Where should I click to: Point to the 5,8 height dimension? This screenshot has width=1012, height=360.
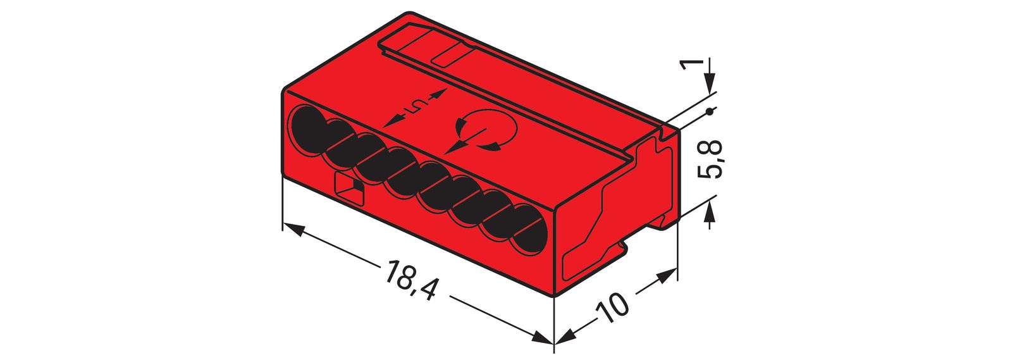pyautogui.click(x=711, y=161)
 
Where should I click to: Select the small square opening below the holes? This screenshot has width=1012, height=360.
pyautogui.click(x=349, y=188)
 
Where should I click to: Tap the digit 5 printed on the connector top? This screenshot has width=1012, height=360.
pyautogui.click(x=415, y=107)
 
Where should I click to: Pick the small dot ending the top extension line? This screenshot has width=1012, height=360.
pyautogui.click(x=710, y=112)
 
